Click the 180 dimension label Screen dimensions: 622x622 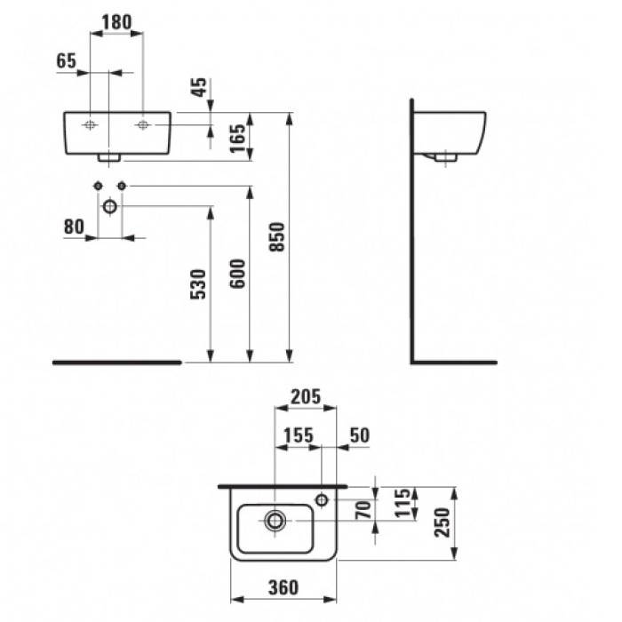click(x=117, y=20)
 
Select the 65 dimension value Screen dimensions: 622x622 click(x=66, y=60)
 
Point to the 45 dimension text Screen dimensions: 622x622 click(x=200, y=88)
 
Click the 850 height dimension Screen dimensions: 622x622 click(x=277, y=237)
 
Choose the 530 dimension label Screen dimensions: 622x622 click(x=199, y=284)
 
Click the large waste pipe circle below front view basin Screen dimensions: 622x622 click(x=109, y=207)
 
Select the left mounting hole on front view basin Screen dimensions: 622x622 click(x=91, y=125)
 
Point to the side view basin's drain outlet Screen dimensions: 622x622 click(x=444, y=157)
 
